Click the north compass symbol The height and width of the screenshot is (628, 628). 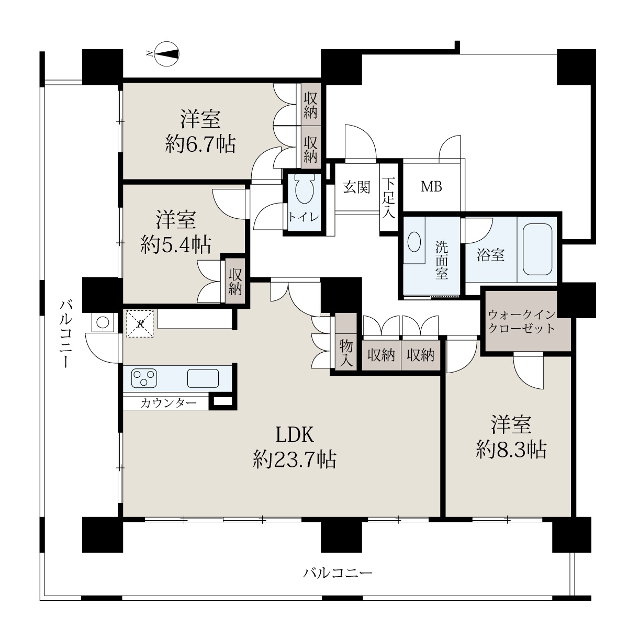(167, 54)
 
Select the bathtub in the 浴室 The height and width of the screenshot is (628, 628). (537, 249)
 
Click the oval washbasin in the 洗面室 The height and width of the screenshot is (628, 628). (414, 241)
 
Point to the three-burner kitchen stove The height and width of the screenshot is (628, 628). (144, 378)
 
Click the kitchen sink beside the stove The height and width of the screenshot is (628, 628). (203, 378)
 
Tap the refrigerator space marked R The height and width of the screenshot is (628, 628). (140, 323)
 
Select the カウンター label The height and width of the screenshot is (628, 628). (169, 403)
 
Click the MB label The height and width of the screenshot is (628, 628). (431, 187)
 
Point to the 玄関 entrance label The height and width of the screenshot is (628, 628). (356, 187)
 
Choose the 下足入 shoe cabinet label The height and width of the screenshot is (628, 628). (388, 198)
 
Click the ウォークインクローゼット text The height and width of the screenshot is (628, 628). (521, 322)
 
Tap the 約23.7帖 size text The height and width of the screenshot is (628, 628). (295, 459)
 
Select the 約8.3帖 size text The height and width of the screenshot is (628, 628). (511, 450)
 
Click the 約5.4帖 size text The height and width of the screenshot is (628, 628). (176, 244)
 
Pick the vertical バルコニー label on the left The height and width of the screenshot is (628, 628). (66, 334)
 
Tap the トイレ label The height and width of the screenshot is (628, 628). (303, 217)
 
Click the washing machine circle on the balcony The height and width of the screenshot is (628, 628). (103, 322)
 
